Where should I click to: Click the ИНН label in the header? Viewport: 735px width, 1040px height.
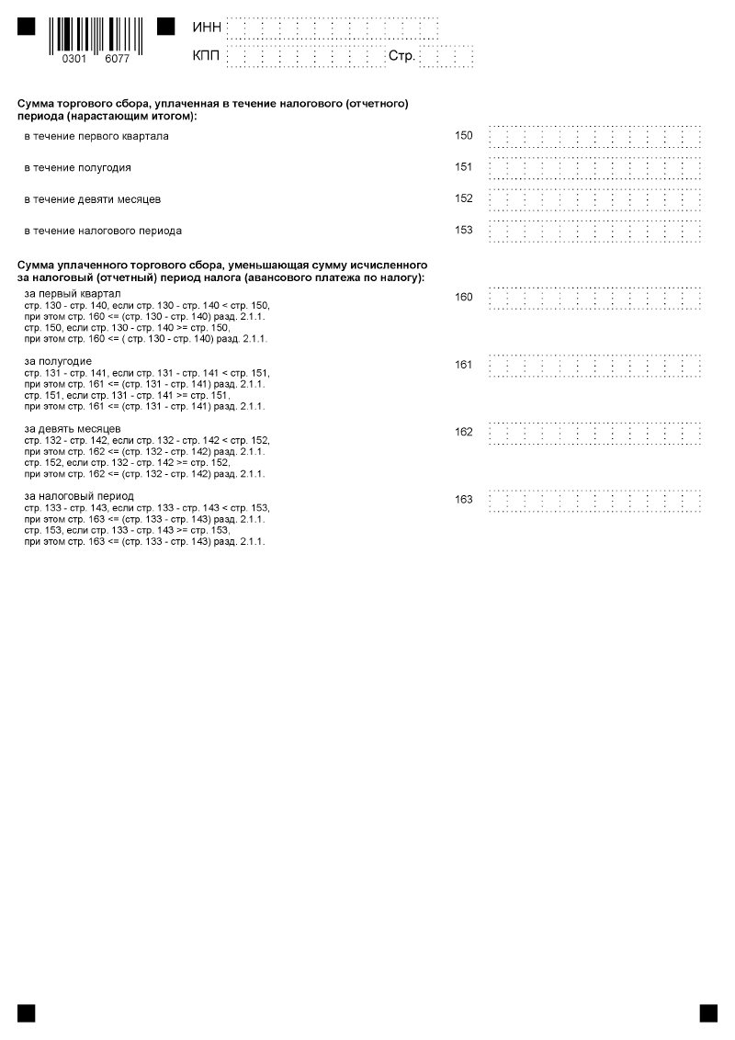click(207, 28)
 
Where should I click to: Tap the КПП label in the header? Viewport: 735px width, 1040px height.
click(207, 56)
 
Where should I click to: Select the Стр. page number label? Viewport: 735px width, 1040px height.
click(402, 56)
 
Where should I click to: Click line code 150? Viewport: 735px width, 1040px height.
click(464, 136)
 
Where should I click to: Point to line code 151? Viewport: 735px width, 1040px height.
click(464, 167)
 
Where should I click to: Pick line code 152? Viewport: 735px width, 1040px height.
click(464, 198)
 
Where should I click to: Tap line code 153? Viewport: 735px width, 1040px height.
click(464, 230)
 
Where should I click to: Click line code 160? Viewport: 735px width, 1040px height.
click(464, 297)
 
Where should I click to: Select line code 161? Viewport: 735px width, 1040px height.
click(464, 365)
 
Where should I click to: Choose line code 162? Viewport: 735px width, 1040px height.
click(464, 432)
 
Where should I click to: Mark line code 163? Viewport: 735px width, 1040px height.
click(464, 499)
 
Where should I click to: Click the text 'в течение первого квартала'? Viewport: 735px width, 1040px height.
click(96, 137)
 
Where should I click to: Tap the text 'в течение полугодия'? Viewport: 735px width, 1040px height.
click(77, 168)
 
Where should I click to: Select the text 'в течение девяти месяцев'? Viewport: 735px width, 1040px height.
click(92, 199)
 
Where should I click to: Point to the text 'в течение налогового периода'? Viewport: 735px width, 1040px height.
click(103, 231)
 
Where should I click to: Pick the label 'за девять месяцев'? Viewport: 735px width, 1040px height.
click(73, 428)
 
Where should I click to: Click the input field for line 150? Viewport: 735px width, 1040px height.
click(595, 137)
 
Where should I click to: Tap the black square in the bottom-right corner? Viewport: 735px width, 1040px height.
click(708, 1012)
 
